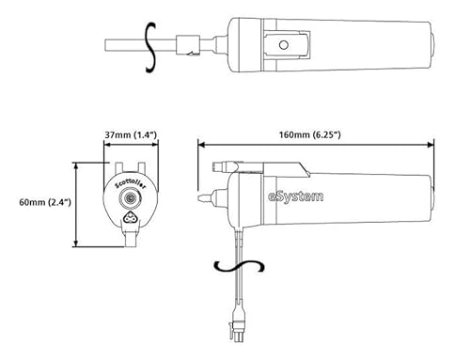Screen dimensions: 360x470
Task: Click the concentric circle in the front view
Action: [129, 201]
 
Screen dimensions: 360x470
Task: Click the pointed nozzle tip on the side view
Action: [200, 199]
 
